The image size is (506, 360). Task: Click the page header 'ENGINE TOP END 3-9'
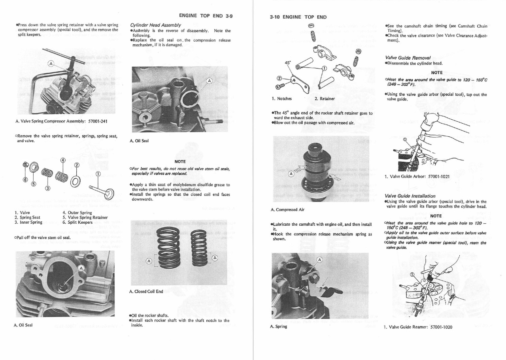point(206,16)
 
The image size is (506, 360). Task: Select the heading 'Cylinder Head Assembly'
point(155,25)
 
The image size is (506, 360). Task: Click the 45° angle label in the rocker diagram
point(288,62)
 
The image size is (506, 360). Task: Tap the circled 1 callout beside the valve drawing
point(98,174)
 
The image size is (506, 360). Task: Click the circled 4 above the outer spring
point(62,160)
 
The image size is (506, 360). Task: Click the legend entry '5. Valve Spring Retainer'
point(85,217)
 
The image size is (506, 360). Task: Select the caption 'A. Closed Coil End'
point(146,292)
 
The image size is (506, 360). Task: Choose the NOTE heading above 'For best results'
point(180,161)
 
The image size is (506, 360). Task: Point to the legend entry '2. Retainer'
point(325,98)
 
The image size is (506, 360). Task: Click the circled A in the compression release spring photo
point(319,260)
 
